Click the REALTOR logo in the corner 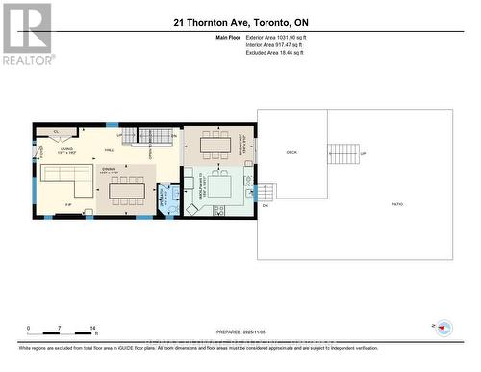tap(26, 33)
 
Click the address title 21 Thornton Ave tap(240, 21)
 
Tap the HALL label tap(111, 151)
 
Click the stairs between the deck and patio tap(343, 153)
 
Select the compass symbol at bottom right tap(443, 327)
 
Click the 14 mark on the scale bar tap(92, 329)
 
